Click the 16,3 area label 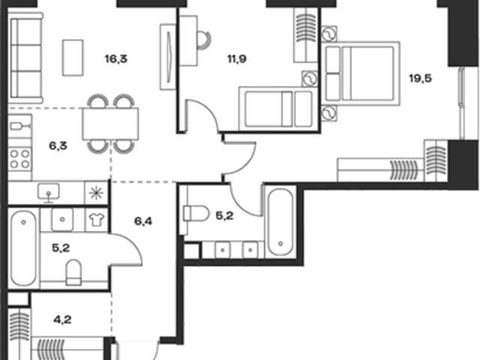point(116,58)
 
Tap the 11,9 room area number point(237,58)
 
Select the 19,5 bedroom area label point(421,79)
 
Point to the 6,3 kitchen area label point(58,145)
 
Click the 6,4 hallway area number point(143,221)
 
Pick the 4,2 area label point(62,320)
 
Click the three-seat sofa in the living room point(25,58)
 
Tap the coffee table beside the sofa point(73,58)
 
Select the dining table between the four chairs point(110,124)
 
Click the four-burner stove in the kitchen point(20,158)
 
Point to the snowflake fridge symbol point(96,193)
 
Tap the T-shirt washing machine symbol point(96,220)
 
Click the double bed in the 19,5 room point(361,73)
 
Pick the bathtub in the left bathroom point(24,248)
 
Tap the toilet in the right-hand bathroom point(195,213)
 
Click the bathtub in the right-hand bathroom point(280,222)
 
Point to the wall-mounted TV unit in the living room point(168,57)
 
